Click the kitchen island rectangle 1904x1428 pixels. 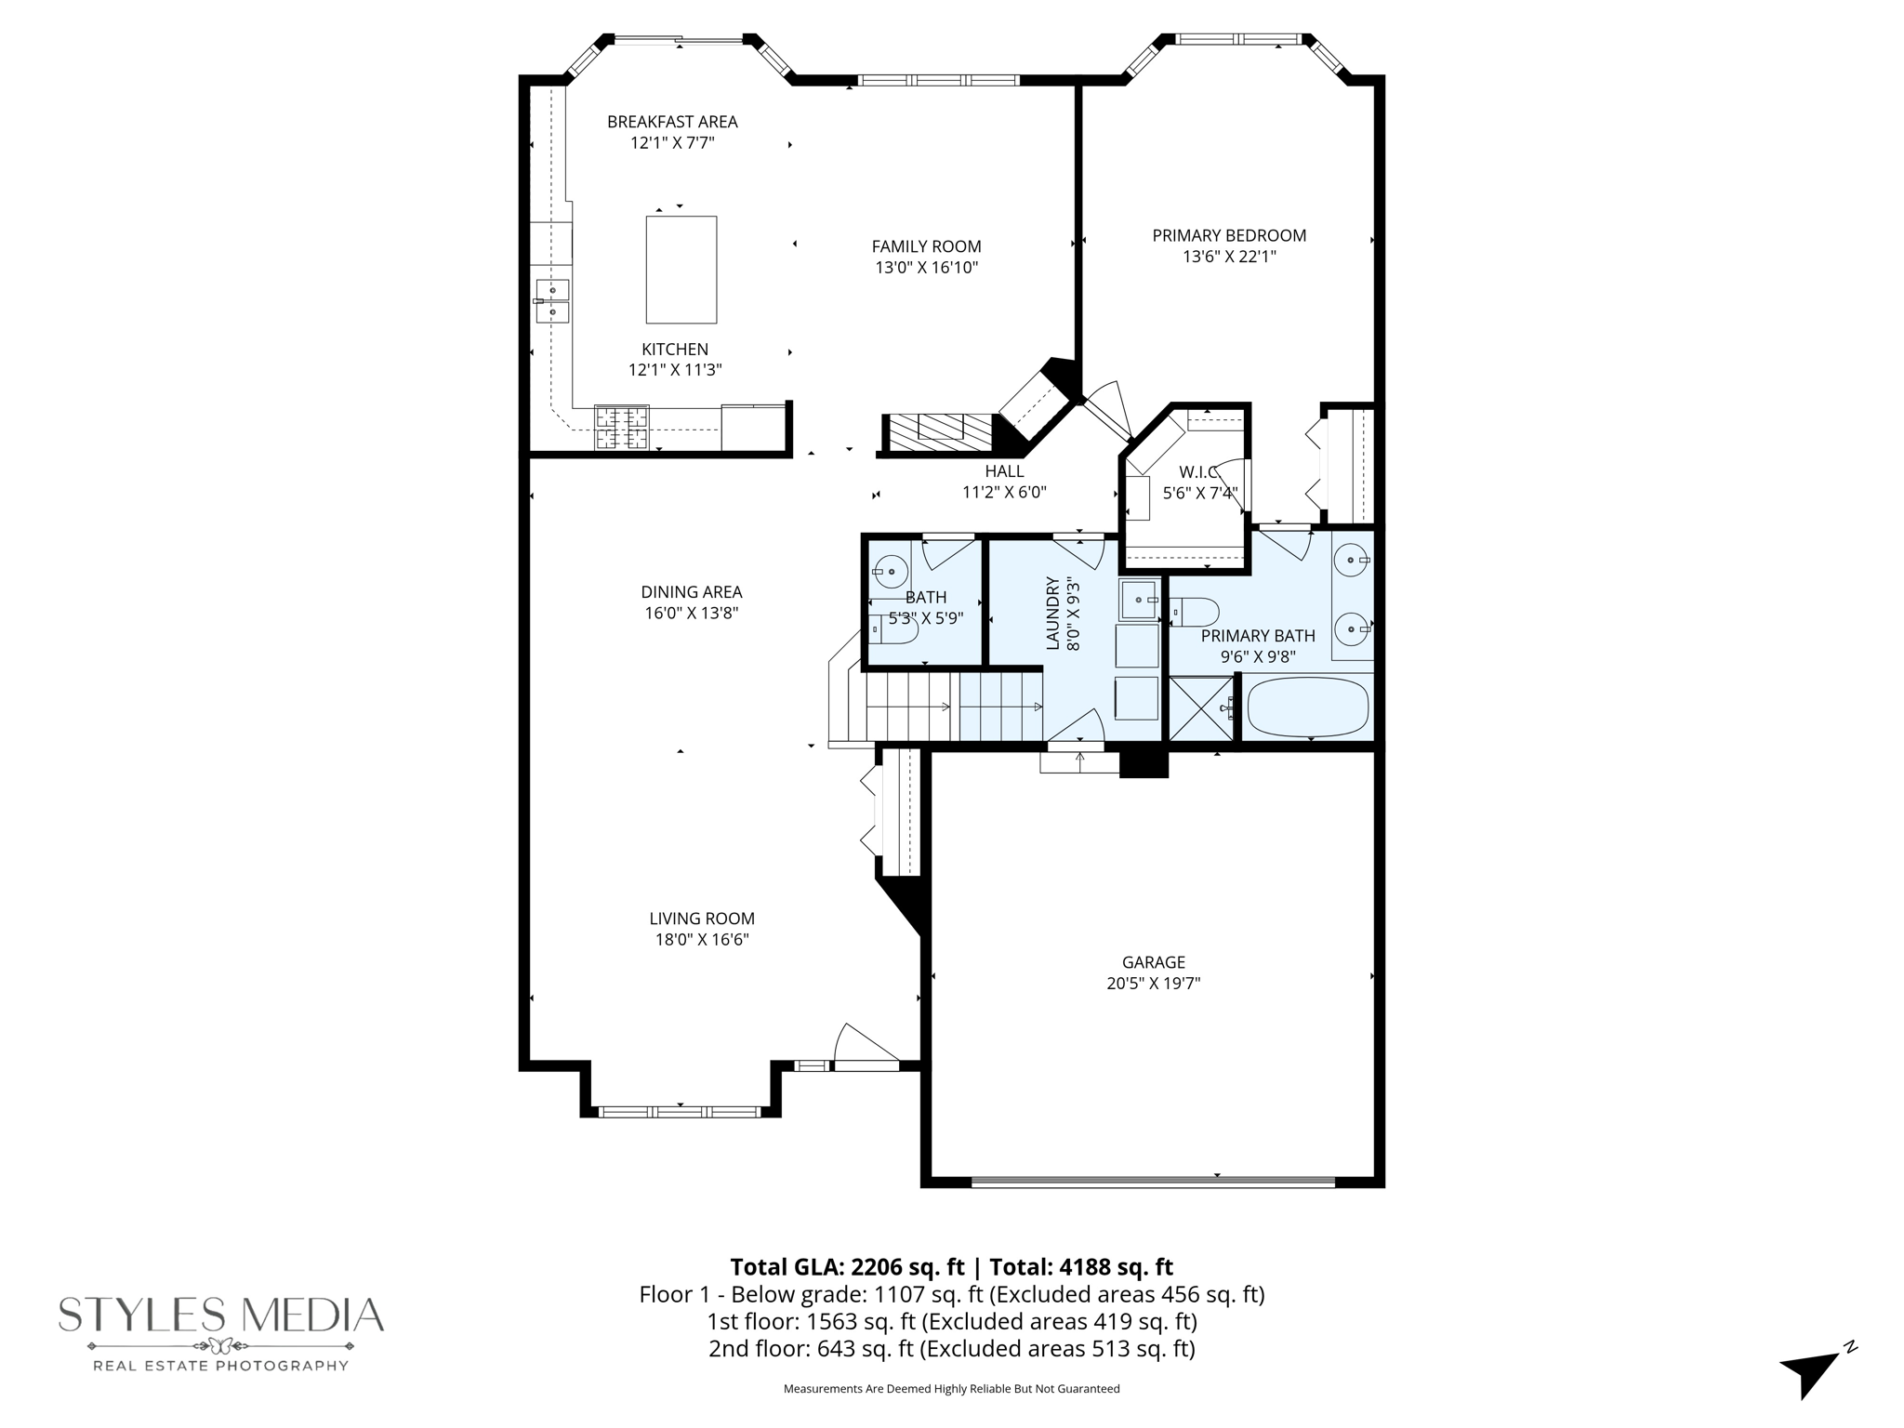[681, 270]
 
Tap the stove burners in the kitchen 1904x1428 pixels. [622, 429]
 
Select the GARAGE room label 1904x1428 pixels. [1154, 962]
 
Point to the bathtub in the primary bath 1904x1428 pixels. [1308, 707]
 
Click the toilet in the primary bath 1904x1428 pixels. [1195, 613]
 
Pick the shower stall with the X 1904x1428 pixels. [1202, 708]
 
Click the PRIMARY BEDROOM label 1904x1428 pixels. [1229, 236]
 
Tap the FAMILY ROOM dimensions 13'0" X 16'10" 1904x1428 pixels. [926, 268]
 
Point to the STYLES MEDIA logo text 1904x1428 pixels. [221, 1315]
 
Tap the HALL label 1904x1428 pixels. [1004, 471]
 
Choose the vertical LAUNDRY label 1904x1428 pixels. [1053, 614]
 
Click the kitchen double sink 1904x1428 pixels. [552, 300]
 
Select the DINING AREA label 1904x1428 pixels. [692, 592]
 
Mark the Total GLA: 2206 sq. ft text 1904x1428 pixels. [847, 1267]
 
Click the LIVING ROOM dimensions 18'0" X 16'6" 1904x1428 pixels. [702, 940]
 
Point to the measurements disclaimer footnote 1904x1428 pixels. [951, 1389]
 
